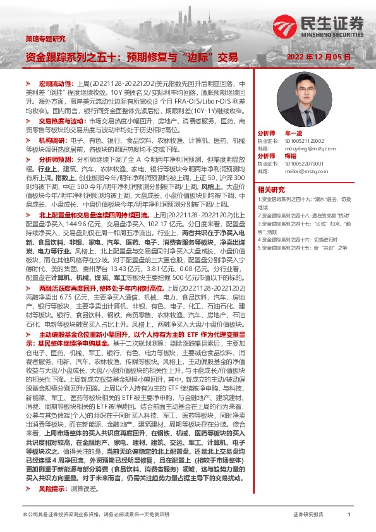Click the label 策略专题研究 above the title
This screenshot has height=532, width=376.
point(45,38)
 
